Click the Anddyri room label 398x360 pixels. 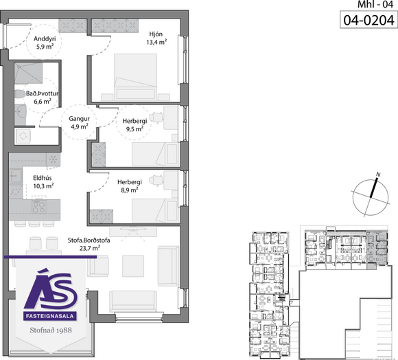click(45, 39)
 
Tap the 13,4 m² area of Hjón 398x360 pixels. click(156, 42)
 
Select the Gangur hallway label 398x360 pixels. click(79, 118)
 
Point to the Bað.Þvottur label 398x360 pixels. click(42, 93)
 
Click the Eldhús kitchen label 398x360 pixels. click(43, 178)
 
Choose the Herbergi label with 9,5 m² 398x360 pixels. click(134, 121)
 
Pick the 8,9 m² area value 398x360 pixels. click(130, 190)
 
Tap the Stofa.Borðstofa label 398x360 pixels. click(89, 240)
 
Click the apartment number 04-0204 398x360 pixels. click(368, 20)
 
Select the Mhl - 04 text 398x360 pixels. click(375, 4)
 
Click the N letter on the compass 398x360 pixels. click(379, 175)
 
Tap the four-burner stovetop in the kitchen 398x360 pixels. click(39, 206)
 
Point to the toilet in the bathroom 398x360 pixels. click(20, 94)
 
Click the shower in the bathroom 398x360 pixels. click(28, 74)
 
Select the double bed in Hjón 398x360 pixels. click(135, 76)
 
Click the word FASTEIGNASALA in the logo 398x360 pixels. click(49, 316)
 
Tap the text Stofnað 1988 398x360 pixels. click(51, 330)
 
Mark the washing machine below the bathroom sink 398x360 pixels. click(23, 136)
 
